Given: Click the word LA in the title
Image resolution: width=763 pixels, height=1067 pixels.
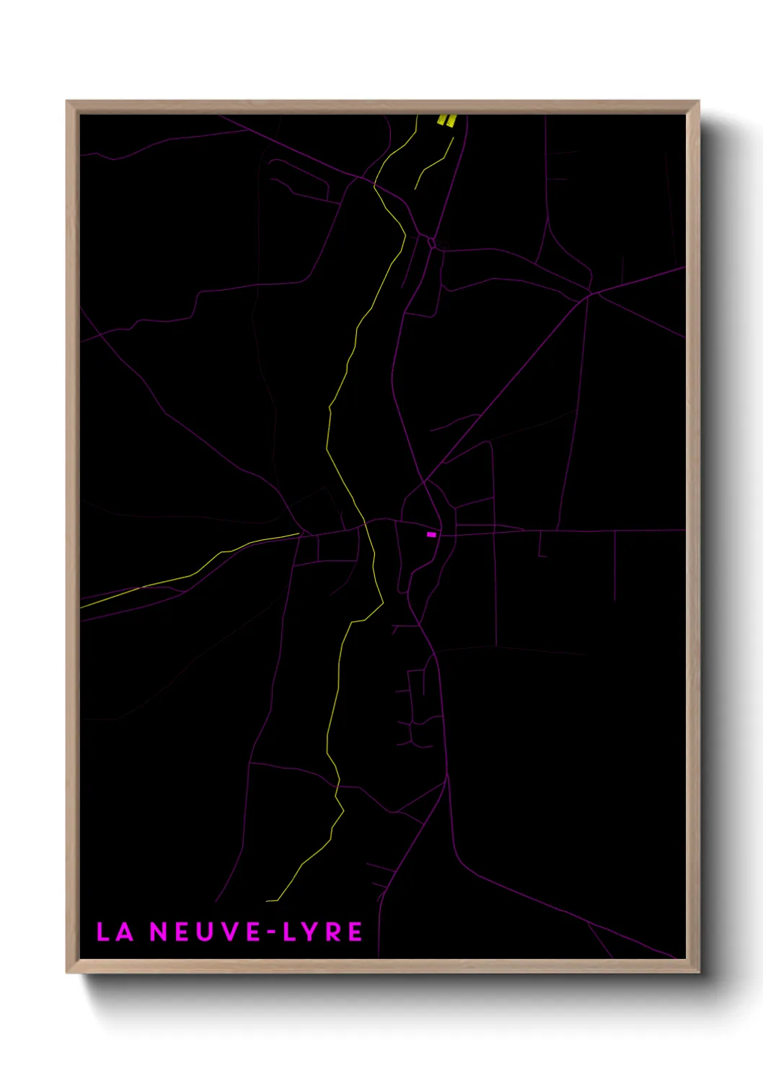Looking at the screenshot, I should [x=115, y=931].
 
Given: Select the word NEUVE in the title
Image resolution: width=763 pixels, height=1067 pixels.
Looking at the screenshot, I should [x=205, y=931].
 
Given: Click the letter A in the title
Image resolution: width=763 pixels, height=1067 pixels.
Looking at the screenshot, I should [x=125, y=931].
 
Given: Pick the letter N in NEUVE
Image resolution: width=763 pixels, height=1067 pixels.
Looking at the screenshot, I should [x=158, y=931].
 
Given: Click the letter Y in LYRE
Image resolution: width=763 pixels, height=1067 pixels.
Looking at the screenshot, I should [x=310, y=931].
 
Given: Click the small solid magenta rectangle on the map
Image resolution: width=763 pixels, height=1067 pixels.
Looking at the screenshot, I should [x=431, y=534].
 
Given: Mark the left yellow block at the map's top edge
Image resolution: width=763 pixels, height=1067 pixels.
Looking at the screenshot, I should [x=442, y=120].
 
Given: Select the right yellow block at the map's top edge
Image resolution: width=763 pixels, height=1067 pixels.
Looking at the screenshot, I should [x=451, y=120].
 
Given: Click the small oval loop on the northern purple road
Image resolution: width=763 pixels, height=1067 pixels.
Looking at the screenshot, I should [x=431, y=242].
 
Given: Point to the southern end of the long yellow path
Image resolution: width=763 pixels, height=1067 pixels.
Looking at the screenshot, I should [x=268, y=900].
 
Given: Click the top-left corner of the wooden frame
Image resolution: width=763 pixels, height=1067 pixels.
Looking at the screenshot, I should [x=67, y=102].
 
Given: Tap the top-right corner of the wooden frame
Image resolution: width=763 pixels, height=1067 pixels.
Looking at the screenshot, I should [x=698, y=102].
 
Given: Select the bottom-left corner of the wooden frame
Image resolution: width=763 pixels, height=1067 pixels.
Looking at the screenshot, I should [x=67, y=972].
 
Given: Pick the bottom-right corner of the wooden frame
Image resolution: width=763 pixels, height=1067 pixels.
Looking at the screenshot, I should [x=698, y=972].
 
